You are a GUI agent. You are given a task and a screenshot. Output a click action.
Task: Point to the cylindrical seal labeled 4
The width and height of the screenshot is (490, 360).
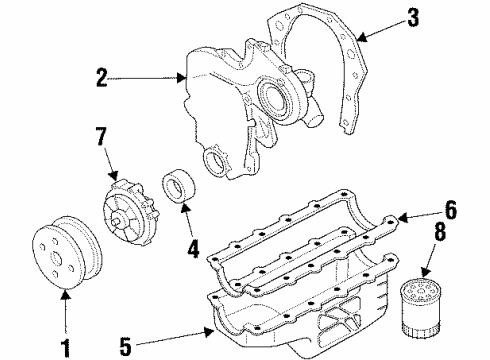[x=181, y=191]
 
